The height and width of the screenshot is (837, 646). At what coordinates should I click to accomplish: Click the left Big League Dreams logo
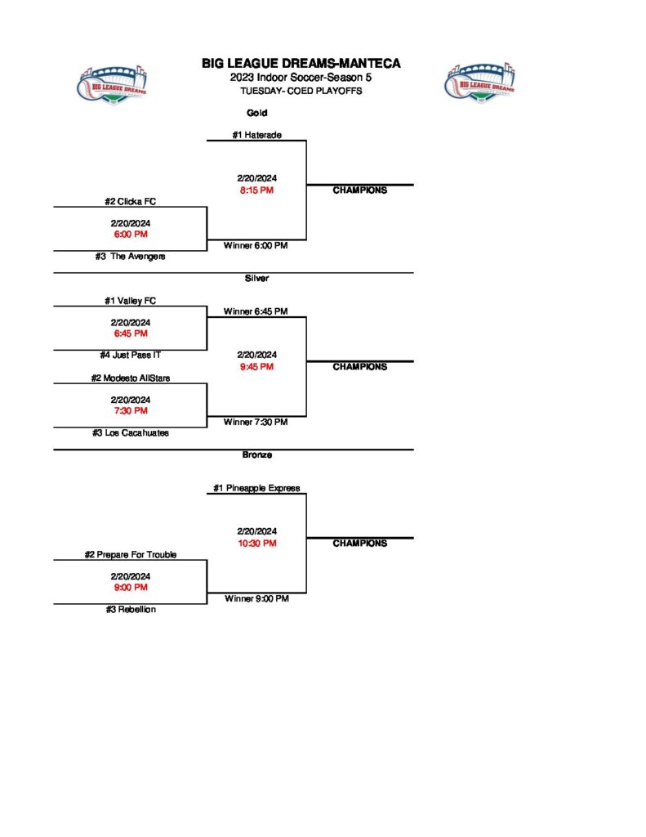tap(113, 83)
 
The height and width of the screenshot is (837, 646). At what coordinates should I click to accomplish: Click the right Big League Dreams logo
tap(480, 83)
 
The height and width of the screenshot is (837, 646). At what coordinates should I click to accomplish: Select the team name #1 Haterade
tap(256, 135)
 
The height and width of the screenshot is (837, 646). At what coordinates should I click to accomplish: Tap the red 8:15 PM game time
tap(256, 190)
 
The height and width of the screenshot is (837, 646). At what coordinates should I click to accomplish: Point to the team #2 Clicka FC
tap(130, 201)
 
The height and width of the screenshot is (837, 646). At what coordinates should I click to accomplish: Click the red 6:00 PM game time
tap(130, 234)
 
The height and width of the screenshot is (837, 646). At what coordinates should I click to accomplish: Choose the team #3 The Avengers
tap(130, 257)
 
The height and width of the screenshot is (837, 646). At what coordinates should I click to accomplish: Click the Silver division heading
tap(256, 279)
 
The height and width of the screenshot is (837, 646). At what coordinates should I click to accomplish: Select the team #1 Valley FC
tap(130, 301)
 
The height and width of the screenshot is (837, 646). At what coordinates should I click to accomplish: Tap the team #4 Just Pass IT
tap(130, 356)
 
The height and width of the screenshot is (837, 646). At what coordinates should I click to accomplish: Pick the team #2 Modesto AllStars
tap(130, 378)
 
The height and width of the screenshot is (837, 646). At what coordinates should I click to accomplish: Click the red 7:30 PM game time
tap(130, 410)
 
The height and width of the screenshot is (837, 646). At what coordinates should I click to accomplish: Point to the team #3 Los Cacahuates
tap(130, 433)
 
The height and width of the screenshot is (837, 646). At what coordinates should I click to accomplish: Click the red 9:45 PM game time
tap(256, 366)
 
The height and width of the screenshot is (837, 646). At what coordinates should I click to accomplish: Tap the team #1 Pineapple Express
tap(256, 488)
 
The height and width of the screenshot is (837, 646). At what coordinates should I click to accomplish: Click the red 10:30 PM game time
tap(256, 543)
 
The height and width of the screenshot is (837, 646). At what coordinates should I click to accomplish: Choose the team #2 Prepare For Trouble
tap(130, 554)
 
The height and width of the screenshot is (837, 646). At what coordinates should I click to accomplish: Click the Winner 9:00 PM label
tap(256, 598)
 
